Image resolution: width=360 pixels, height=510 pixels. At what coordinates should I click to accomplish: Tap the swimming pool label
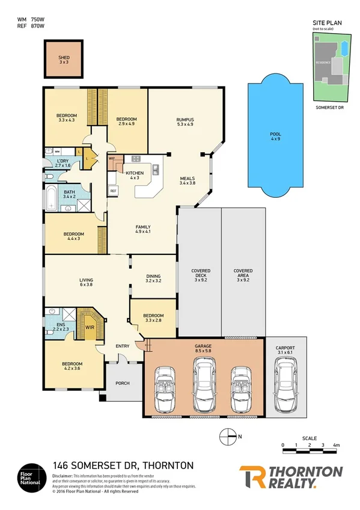(x=275, y=135)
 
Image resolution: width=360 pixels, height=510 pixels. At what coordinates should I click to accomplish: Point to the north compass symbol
(x=229, y=436)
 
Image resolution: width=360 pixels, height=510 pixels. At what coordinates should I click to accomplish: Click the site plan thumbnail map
(x=330, y=67)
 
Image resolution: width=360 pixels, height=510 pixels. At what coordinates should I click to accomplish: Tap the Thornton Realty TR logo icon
(x=253, y=476)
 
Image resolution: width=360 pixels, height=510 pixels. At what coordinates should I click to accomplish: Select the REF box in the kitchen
(x=112, y=191)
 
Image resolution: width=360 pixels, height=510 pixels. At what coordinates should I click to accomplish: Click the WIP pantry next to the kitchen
(x=112, y=160)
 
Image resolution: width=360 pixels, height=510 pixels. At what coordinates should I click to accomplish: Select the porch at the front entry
(x=123, y=383)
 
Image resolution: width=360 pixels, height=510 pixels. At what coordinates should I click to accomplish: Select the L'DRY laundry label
(x=63, y=162)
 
